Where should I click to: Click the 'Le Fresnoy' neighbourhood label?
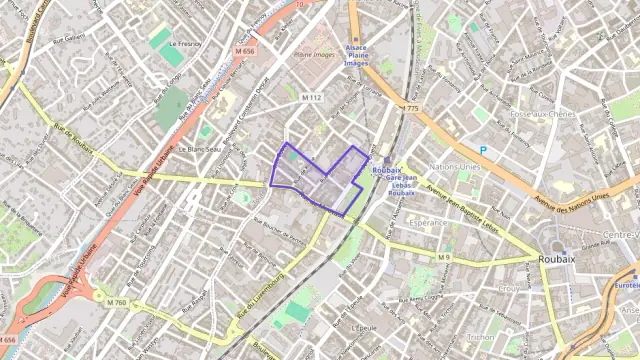187,44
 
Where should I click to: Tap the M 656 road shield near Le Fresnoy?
246,51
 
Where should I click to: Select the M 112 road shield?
312,98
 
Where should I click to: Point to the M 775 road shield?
409,108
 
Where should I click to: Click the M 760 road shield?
117,301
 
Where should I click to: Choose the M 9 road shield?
444,258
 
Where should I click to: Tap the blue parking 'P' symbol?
482,150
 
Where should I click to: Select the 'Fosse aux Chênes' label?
542,115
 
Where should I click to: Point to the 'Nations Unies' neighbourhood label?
455,166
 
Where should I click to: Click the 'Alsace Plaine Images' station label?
357,55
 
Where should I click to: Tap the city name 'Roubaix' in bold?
558,257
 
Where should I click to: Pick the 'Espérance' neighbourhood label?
428,224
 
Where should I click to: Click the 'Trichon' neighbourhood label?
481,337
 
